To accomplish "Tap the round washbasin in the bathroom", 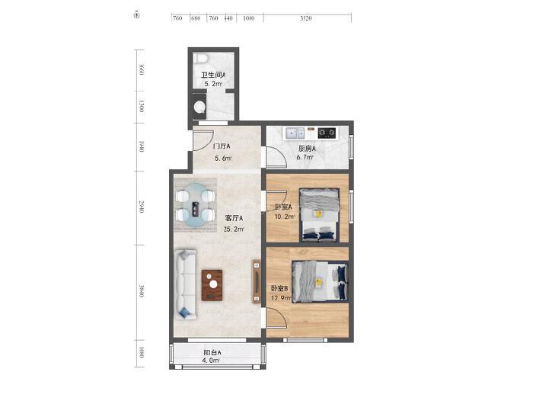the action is (x=199, y=106).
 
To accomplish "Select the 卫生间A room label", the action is (x=213, y=75).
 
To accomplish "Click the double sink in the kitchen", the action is (x=295, y=133).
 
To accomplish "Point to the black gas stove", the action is (x=327, y=133).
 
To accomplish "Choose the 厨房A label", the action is (x=307, y=149).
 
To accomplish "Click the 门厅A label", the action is (x=222, y=146).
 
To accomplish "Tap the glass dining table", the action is (x=196, y=205).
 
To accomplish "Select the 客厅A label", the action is (x=234, y=218).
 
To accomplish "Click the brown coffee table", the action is (x=212, y=285).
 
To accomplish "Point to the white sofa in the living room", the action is (x=186, y=284).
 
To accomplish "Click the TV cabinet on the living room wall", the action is (x=257, y=281).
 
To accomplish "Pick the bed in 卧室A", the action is (x=319, y=215).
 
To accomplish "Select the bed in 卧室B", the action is (x=320, y=282).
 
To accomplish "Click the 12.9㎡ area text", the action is (x=282, y=298).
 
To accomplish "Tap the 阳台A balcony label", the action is (x=212, y=352).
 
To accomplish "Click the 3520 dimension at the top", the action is (x=306, y=18).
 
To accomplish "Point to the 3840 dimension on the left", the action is (x=142, y=291).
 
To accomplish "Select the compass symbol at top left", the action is (x=137, y=15).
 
